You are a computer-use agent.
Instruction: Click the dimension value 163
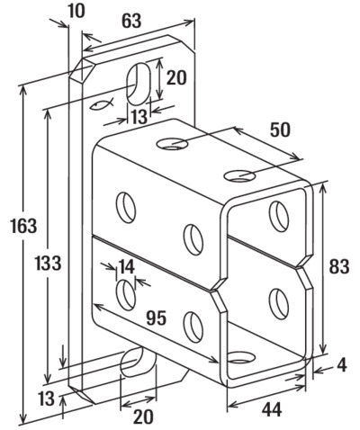[x=23, y=226]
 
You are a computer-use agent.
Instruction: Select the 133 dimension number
[x=49, y=263]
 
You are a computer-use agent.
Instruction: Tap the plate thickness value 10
[x=76, y=11]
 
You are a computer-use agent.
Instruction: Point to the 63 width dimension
[x=131, y=21]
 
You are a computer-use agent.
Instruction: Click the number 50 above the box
[x=280, y=130]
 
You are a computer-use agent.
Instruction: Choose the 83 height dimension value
[x=339, y=266]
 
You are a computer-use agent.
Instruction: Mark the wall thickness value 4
[x=342, y=365]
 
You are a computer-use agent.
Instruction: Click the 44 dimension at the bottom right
[x=272, y=409]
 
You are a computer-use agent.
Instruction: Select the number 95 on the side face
[x=157, y=318]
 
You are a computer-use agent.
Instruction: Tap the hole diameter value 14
[x=126, y=266]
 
